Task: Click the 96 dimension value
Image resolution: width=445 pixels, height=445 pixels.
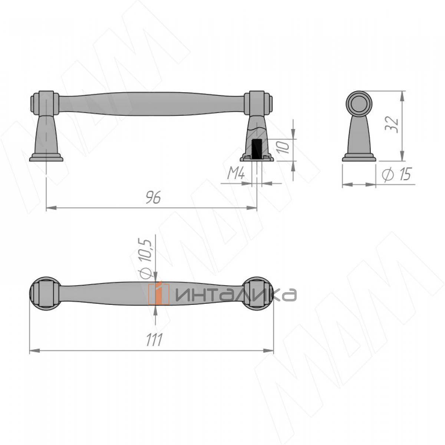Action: coord(153,198)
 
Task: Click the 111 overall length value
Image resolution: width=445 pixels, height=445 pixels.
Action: coord(154,339)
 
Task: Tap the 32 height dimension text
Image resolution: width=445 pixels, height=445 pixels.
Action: coord(392,125)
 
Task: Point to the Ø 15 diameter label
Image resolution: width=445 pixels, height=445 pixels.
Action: coord(397,174)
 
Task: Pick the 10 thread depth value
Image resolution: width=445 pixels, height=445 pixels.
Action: coord(283,148)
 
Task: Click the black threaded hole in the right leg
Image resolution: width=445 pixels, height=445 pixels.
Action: coord(257,149)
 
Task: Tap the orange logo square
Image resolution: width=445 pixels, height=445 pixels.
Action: coord(159,294)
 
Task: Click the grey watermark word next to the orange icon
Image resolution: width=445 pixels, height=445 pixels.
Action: coord(236,294)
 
